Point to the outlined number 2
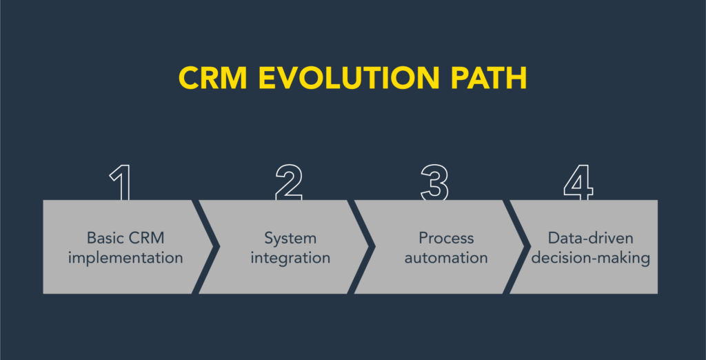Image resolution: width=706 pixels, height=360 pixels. click(289, 183)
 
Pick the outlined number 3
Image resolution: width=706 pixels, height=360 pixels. click(434, 183)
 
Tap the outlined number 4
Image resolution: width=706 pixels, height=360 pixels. click(578, 183)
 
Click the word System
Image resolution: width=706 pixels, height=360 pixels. click(290, 238)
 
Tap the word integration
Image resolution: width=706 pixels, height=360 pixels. click(290, 259)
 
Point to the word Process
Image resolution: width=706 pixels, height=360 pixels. click(446, 238)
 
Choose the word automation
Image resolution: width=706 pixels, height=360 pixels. click(446, 259)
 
